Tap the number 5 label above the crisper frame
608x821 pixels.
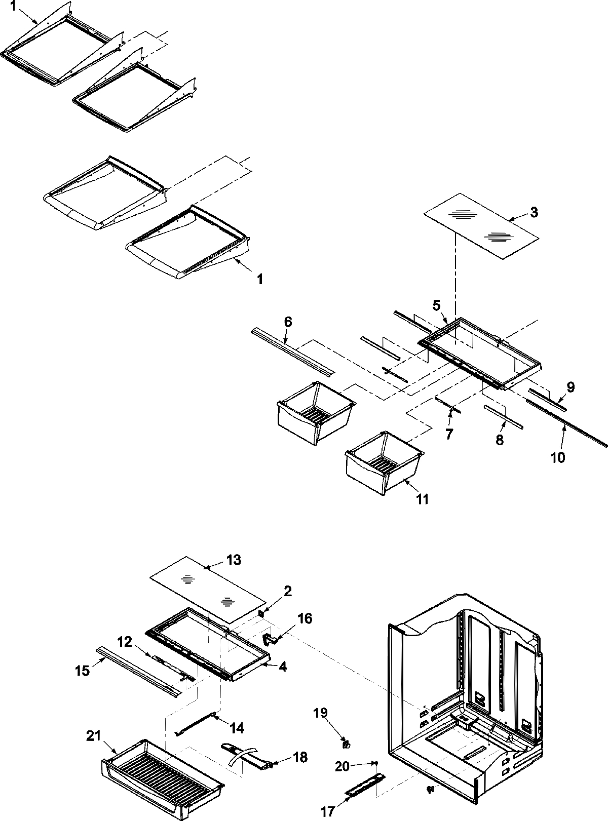coord(437,305)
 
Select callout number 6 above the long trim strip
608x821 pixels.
coord(288,322)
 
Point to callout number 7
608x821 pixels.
coord(449,434)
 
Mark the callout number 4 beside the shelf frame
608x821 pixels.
coord(283,668)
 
